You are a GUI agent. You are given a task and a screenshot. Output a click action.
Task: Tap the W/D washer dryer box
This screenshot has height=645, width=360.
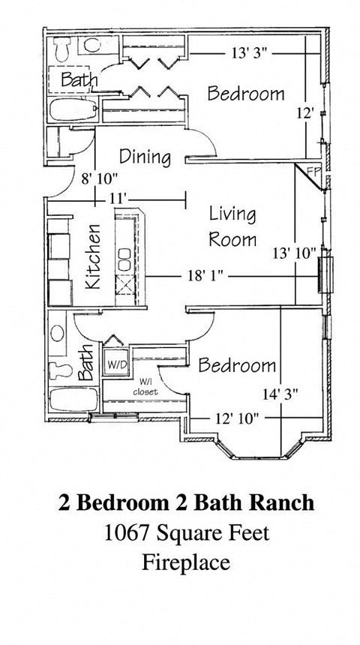pos(117,364)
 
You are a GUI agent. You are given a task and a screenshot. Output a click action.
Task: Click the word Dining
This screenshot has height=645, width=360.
pos(145,157)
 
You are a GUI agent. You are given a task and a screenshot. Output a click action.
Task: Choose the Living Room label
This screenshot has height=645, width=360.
pos(232,226)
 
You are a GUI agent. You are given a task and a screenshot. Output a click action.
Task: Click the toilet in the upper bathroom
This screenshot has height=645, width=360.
pos(63,48)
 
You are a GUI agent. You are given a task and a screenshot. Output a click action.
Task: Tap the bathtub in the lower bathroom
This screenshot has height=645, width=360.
pos(70,400)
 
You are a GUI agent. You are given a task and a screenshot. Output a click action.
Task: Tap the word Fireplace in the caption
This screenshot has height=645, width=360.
pos(185,562)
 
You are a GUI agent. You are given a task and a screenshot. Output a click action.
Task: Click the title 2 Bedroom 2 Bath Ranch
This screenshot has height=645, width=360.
pos(186,503)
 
